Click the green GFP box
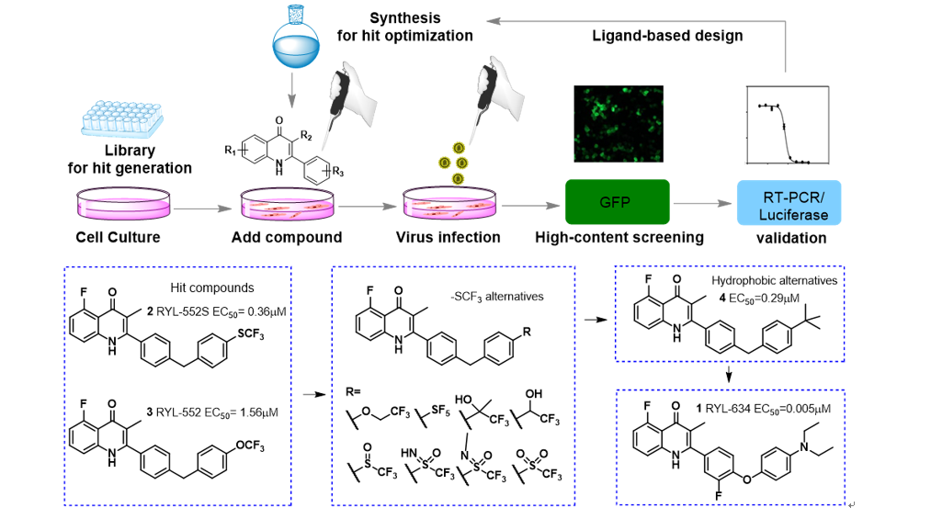(615, 201)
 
